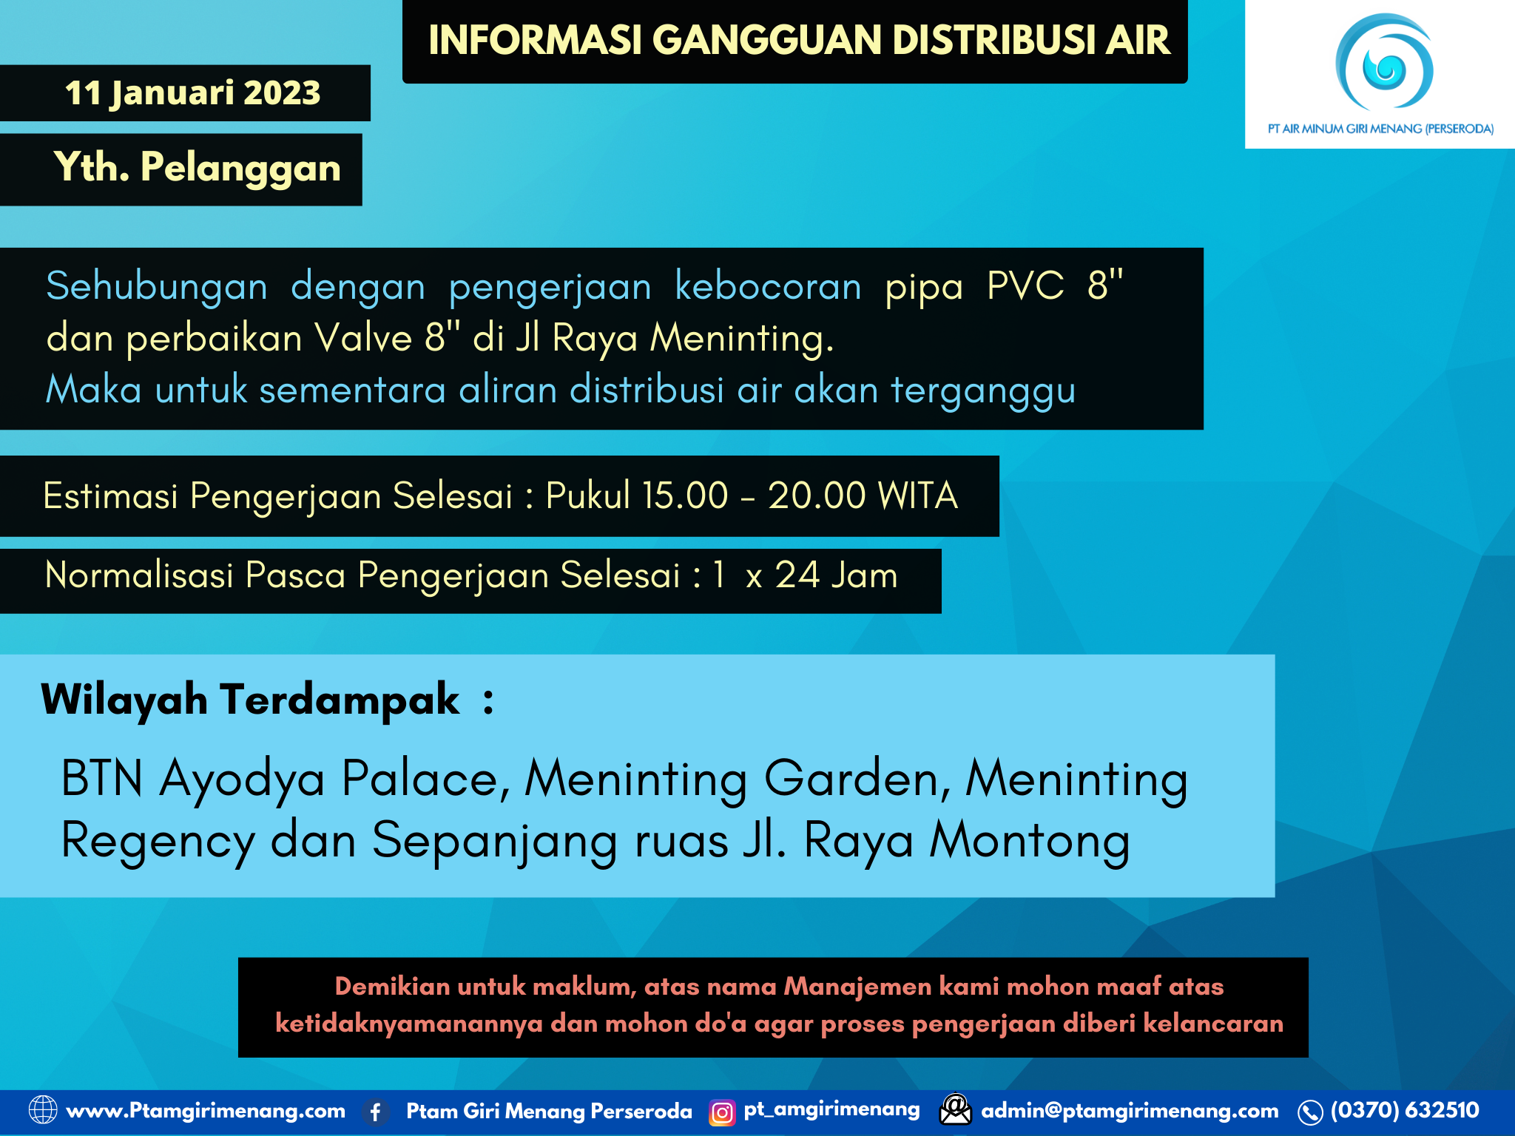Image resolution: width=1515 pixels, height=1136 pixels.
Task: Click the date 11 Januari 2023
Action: point(192,93)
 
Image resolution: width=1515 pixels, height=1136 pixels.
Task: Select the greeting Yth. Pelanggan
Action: point(197,168)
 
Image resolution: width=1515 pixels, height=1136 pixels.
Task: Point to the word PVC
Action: point(1025,285)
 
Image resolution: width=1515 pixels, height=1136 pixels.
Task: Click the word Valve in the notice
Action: point(362,338)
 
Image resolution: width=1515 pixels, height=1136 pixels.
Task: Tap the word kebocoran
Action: point(768,286)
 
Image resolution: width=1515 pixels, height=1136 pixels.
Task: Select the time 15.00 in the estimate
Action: point(685,496)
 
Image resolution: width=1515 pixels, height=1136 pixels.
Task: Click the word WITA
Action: point(918,496)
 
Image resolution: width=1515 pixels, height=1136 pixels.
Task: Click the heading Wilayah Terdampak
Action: point(250,700)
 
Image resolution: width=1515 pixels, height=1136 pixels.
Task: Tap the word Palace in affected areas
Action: point(425,779)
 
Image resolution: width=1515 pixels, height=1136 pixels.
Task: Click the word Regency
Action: point(158,842)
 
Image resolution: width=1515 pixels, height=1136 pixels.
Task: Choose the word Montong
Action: point(1029,840)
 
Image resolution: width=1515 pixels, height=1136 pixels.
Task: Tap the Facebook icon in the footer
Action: point(376,1112)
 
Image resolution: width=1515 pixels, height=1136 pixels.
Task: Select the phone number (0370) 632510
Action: point(1404,1110)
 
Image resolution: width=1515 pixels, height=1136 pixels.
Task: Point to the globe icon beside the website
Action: point(42,1110)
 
